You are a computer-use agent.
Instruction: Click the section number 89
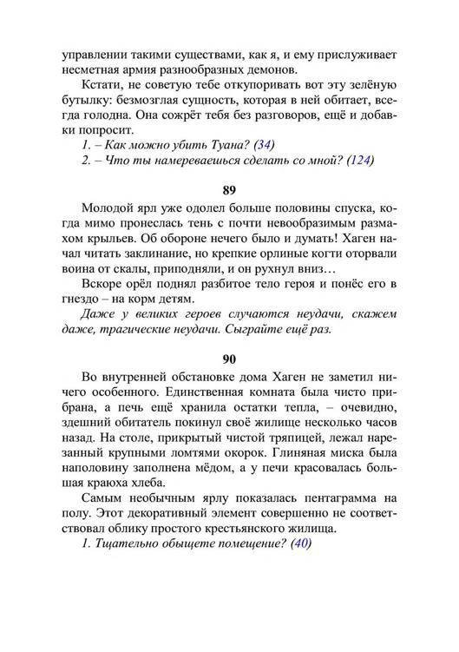pos(229,188)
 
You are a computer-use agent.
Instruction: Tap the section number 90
pos(229,359)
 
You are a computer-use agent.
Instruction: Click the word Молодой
pos(107,211)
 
